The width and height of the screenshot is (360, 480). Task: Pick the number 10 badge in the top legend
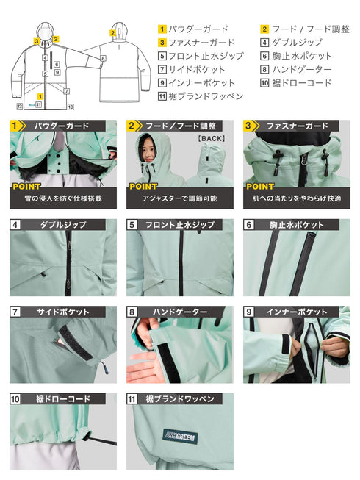(265, 83)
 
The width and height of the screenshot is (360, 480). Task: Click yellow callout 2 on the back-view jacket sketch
(112, 32)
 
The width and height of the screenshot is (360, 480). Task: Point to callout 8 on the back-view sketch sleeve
(104, 57)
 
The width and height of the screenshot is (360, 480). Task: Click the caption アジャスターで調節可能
(179, 198)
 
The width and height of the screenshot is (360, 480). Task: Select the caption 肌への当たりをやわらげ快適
(296, 198)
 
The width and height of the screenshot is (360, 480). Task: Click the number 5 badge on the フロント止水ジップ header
(132, 225)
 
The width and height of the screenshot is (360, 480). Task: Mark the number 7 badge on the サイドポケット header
(15, 312)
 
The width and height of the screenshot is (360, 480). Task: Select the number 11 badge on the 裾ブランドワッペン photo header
(132, 399)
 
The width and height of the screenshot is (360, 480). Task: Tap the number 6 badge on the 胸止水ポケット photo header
(249, 225)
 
